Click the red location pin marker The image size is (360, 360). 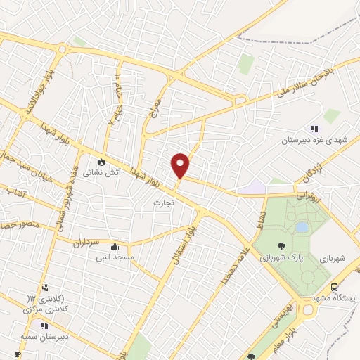click(181, 166)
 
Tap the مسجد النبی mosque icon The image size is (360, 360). click(115, 247)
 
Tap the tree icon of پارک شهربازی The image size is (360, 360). click(281, 246)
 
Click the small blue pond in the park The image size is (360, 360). click(302, 227)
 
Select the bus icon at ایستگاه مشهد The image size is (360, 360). click(335, 287)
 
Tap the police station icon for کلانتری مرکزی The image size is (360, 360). click(46, 288)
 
